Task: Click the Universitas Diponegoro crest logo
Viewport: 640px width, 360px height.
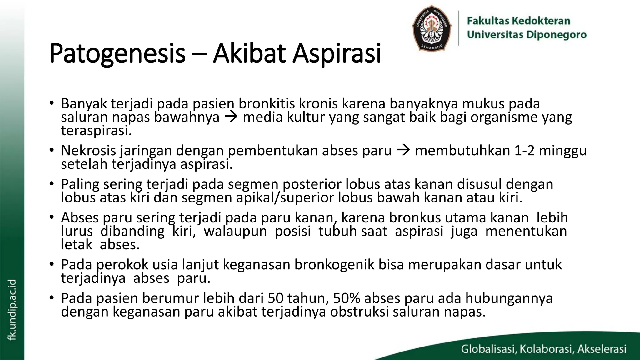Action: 432,28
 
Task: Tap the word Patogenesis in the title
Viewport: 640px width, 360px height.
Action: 117,53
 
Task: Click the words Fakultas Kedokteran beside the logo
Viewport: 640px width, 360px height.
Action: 518,21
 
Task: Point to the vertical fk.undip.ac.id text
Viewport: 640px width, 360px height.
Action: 12,310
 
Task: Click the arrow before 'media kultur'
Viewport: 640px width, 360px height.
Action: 231,117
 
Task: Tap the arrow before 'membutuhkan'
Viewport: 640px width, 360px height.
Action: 403,151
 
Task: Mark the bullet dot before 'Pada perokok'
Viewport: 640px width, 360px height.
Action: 52,264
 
